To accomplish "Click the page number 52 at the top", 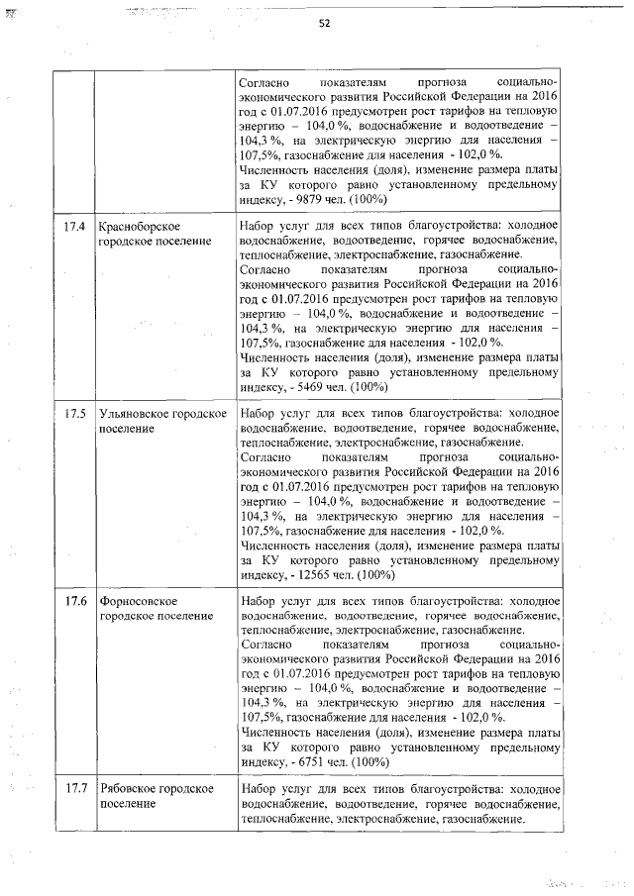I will [324, 25].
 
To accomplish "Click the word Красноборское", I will [140, 228].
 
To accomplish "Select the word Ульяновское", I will [134, 414].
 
